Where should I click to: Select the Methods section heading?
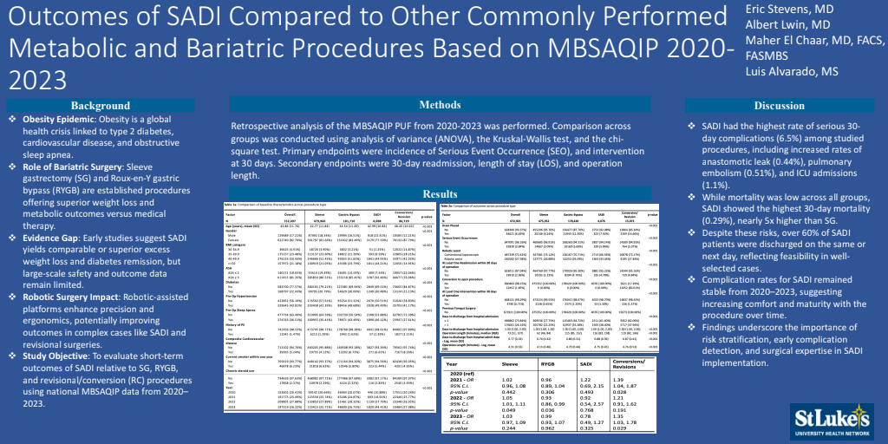point(441,105)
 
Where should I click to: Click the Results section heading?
point(441,193)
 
